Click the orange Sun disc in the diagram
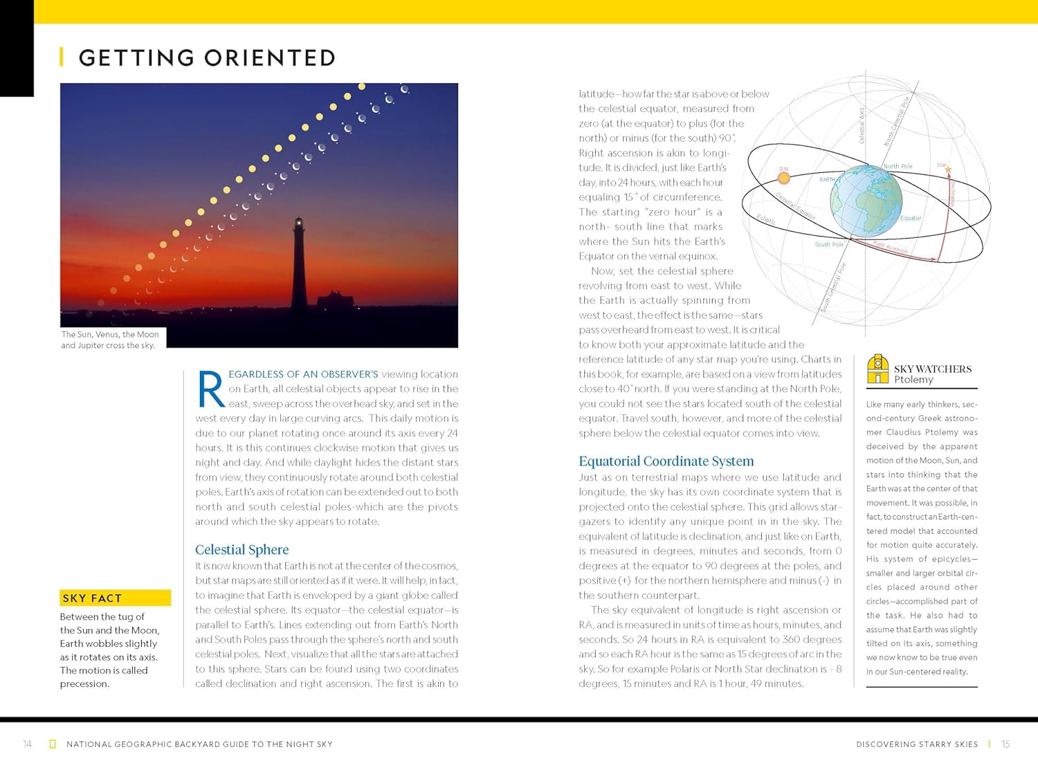pyautogui.click(x=783, y=178)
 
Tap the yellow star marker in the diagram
pyautogui.click(x=948, y=169)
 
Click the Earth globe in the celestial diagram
pyautogui.click(x=866, y=201)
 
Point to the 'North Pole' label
pyautogui.click(x=898, y=166)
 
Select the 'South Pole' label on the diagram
pyautogui.click(x=828, y=244)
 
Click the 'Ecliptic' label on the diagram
pyautogui.click(x=766, y=219)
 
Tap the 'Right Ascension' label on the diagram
pyautogui.click(x=890, y=247)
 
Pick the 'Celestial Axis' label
pyautogui.click(x=862, y=125)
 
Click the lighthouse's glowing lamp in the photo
pyautogui.click(x=299, y=223)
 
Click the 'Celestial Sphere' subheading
pyautogui.click(x=242, y=550)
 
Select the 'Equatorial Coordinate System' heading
pyautogui.click(x=666, y=461)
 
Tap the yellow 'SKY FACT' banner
pyautogui.click(x=115, y=598)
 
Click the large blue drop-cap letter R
pyautogui.click(x=210, y=389)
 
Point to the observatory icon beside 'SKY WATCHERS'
pyautogui.click(x=877, y=369)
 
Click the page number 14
pyautogui.click(x=28, y=744)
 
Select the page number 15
pyautogui.click(x=1005, y=744)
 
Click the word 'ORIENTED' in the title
pyautogui.click(x=270, y=58)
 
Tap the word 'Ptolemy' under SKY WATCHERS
pyautogui.click(x=913, y=380)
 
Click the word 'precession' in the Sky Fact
pyautogui.click(x=84, y=684)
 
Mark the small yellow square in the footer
pyautogui.click(x=53, y=744)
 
